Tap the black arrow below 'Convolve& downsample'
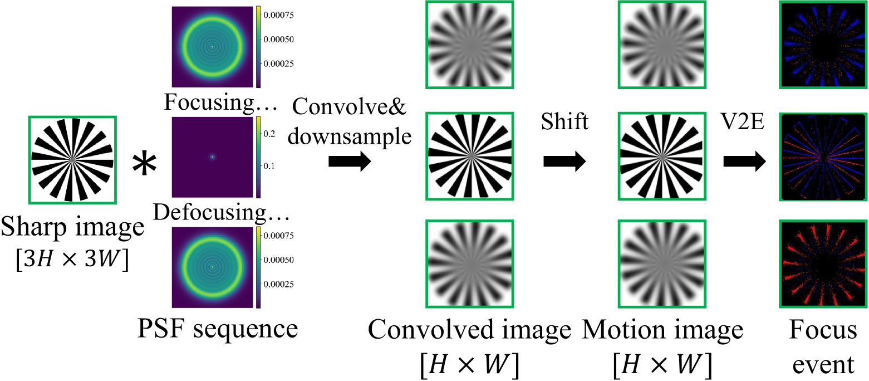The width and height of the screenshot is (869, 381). coord(349,162)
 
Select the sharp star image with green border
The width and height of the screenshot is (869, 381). coord(72,158)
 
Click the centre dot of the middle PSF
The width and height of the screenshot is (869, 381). coord(212,157)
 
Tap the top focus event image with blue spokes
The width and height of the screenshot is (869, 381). coord(823,45)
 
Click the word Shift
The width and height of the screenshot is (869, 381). coord(564,121)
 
